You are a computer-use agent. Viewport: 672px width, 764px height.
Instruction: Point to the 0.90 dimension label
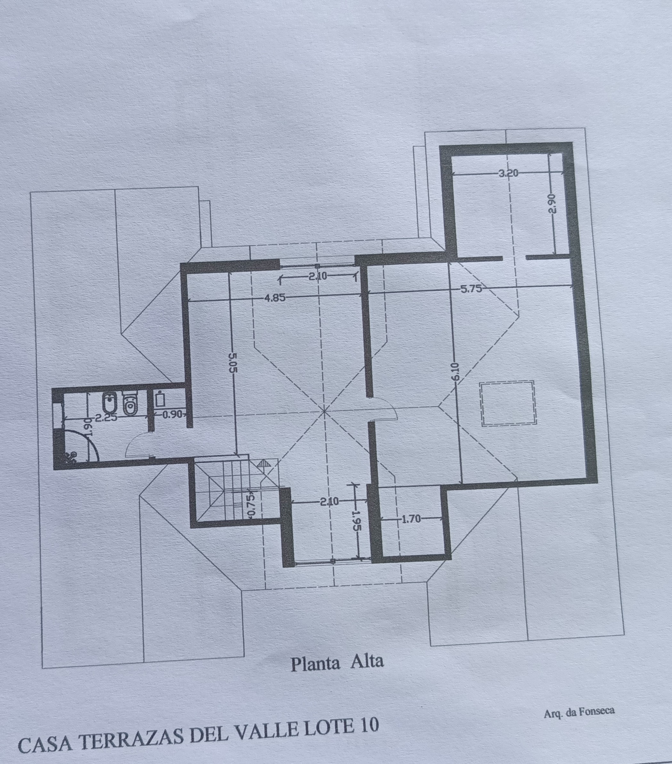click(172, 414)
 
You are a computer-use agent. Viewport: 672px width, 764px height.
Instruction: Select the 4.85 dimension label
click(274, 298)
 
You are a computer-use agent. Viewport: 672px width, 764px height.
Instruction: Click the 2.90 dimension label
click(553, 203)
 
